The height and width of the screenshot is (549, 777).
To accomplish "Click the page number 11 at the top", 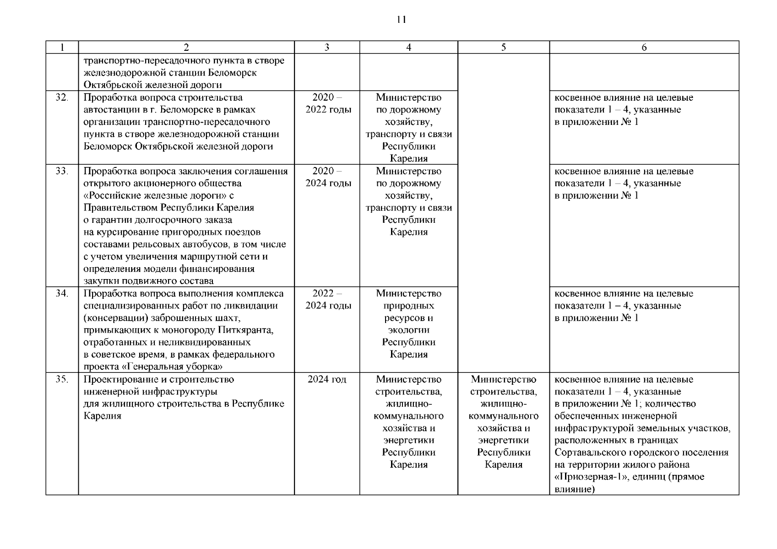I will coord(401,20).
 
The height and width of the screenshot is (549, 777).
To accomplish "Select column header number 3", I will coord(326,48).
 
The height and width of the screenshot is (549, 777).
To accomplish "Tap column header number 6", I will coord(644,48).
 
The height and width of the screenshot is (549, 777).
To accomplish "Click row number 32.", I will coord(62,97).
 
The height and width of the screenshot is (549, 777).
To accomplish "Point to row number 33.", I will coord(62,171).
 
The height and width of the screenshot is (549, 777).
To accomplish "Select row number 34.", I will coord(62,294).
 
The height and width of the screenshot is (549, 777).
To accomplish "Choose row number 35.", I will coord(62,380).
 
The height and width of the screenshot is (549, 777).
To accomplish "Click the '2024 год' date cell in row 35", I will coord(327,380).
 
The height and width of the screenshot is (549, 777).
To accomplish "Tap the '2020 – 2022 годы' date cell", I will coord(328,104).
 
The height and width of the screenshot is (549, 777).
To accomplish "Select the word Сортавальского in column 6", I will coord(587,453).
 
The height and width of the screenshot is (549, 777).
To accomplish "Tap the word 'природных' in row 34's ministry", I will coord(408,306).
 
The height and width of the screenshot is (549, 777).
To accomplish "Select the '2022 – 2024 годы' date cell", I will coord(328,300).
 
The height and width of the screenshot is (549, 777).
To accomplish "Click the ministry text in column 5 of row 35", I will coord(503,422).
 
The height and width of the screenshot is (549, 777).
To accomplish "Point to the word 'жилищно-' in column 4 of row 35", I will coord(408,404).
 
